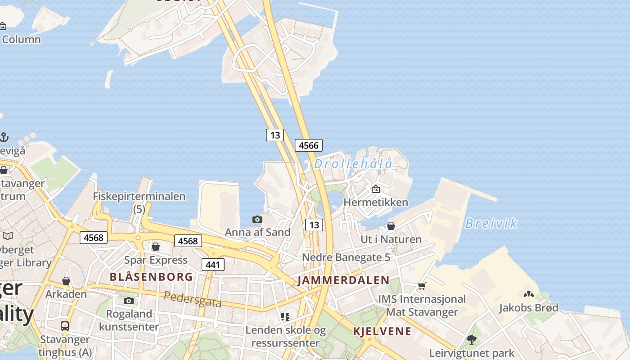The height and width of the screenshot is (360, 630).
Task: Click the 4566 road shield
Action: (309, 145)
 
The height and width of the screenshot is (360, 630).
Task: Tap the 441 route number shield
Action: (213, 265)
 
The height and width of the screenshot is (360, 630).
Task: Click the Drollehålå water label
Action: (353, 164)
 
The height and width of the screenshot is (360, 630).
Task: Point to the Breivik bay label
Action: (491, 223)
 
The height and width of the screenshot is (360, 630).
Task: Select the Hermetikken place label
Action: (376, 202)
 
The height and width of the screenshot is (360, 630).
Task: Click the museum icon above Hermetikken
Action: (376, 189)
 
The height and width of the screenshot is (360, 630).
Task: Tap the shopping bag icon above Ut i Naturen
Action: (391, 226)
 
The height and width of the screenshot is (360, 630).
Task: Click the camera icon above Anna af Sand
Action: (257, 219)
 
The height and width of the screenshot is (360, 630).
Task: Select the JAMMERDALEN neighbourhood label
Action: (343, 280)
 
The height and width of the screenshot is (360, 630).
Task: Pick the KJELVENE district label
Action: (382, 332)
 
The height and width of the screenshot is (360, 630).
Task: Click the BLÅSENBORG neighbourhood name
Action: (151, 277)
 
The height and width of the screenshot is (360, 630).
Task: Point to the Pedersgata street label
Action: (193, 299)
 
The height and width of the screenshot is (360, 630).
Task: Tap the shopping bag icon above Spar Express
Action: (156, 247)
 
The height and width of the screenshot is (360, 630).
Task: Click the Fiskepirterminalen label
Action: (139, 197)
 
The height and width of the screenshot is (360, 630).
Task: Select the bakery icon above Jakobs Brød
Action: (529, 294)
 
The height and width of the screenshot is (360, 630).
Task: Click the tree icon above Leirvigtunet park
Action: (472, 339)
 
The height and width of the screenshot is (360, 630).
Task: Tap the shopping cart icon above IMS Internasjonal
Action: (422, 286)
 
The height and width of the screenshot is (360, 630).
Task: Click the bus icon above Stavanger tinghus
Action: (65, 326)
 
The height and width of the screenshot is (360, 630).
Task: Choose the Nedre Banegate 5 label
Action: (346, 257)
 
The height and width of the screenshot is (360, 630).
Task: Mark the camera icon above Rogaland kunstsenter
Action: (129, 301)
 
